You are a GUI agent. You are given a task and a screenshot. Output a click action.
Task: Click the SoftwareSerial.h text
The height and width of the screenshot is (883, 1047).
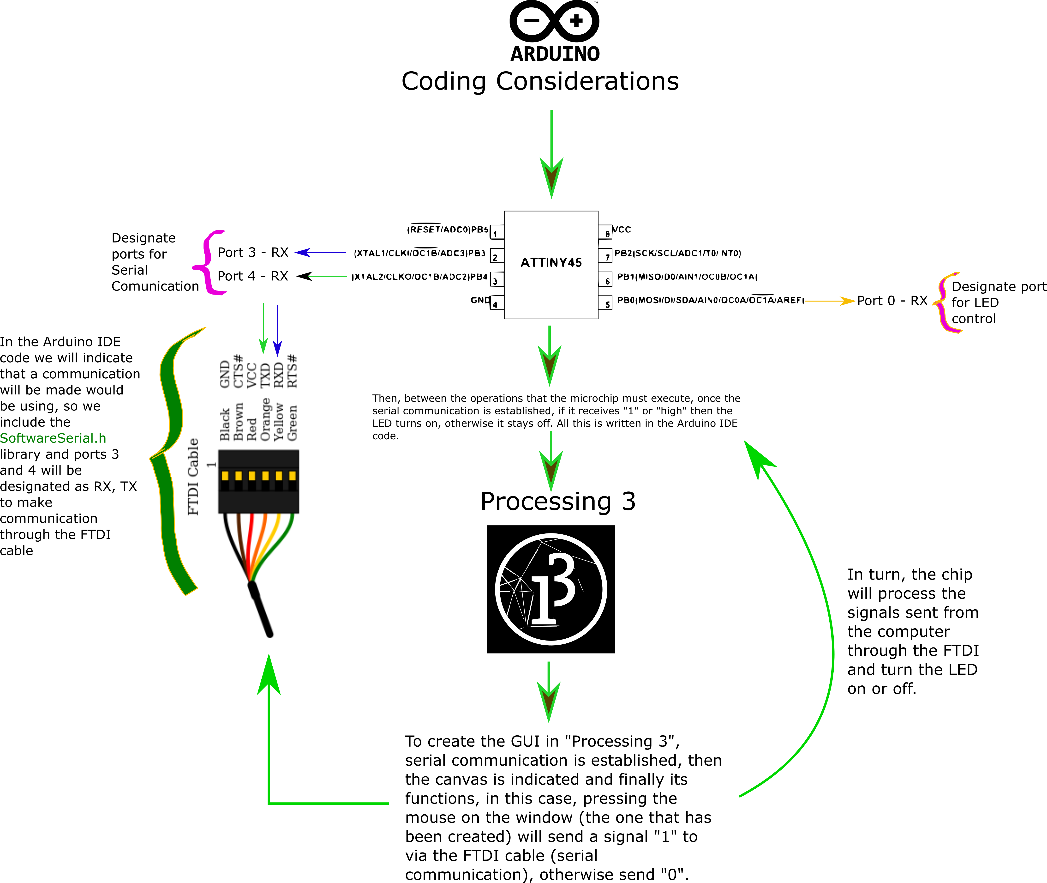click(x=53, y=438)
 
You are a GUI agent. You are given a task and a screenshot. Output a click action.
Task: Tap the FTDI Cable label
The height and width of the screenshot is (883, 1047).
click(x=193, y=477)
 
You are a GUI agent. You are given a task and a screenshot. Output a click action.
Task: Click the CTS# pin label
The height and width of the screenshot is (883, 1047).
click(x=238, y=371)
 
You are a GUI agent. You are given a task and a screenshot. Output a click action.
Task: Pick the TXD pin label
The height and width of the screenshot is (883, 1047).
click(x=265, y=375)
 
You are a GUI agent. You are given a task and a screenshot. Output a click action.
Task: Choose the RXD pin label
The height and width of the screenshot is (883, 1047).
click(x=279, y=375)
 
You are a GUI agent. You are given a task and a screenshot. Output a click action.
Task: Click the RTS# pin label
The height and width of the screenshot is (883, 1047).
click(x=292, y=371)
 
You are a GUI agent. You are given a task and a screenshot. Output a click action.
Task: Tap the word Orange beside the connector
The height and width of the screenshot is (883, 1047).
click(x=265, y=419)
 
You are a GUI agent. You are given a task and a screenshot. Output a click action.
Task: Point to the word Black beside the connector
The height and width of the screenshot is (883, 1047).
click(x=225, y=424)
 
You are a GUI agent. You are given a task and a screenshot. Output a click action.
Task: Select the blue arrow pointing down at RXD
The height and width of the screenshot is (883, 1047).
click(x=278, y=330)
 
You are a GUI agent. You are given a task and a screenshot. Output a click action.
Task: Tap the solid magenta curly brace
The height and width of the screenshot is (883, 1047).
click(x=209, y=263)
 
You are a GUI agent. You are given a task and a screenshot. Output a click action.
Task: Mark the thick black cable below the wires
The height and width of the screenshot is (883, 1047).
click(x=261, y=609)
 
